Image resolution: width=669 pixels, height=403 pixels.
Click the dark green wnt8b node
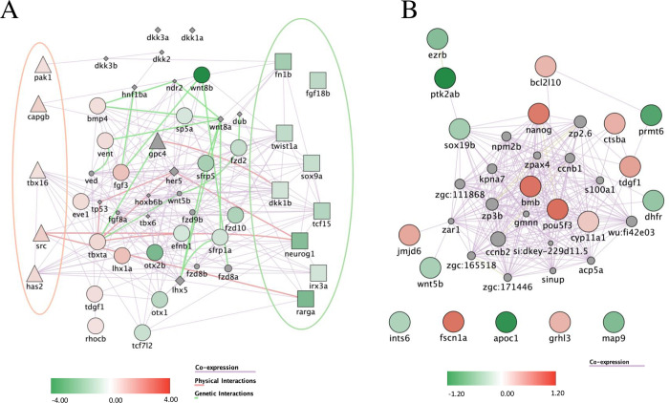coord(202,75)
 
